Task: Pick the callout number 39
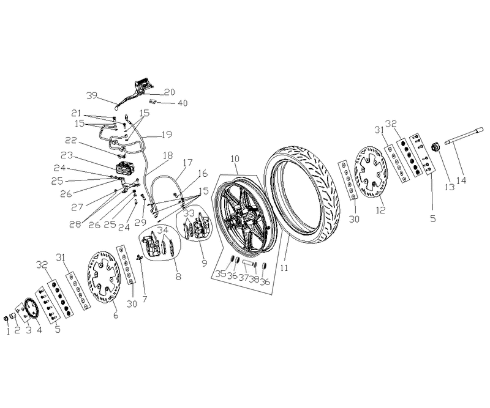(x=92, y=95)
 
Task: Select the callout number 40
(x=183, y=103)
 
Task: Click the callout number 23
(x=67, y=155)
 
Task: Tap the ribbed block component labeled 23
(x=125, y=169)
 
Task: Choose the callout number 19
(x=167, y=135)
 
